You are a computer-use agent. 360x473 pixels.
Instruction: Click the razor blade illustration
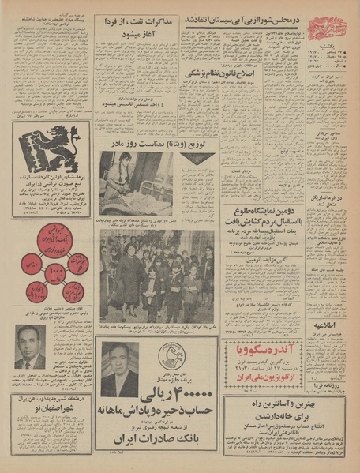click(30, 143)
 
